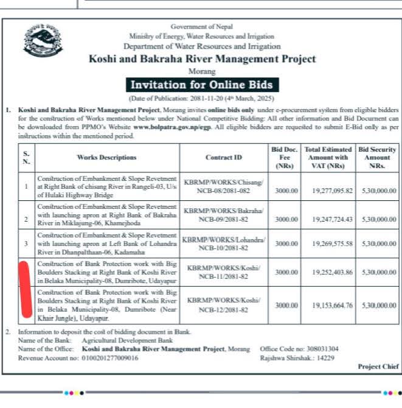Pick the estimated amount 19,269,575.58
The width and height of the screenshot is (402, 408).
[x=328, y=244]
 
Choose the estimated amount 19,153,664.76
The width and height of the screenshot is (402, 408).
[x=328, y=304]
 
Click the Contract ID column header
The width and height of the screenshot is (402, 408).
[x=223, y=158]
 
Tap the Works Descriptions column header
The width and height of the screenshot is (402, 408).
[x=106, y=158]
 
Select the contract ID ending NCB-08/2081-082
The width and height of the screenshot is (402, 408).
[x=224, y=191]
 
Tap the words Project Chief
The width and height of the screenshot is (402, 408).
[x=377, y=367]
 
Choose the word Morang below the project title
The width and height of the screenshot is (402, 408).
[x=202, y=71]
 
